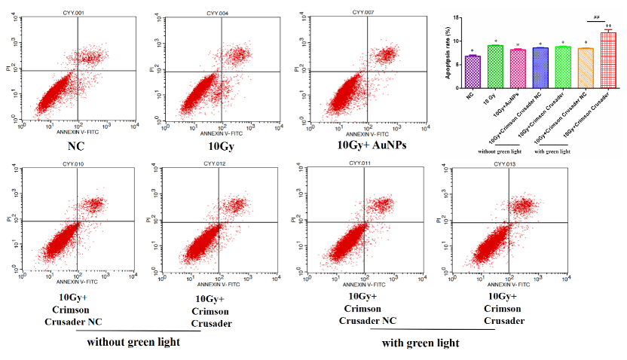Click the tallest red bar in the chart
click(x=608, y=60)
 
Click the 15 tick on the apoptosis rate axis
click(x=454, y=17)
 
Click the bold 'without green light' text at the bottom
click(x=133, y=342)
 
